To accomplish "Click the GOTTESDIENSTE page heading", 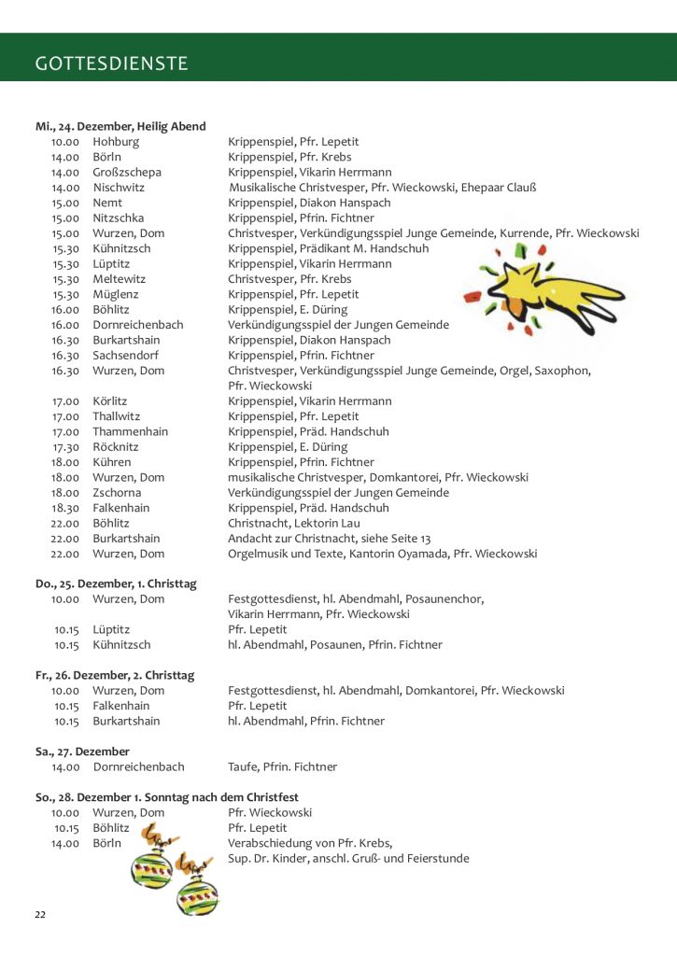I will tap(111, 63).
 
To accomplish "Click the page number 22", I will tap(40, 914).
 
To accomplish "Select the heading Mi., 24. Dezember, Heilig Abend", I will tap(120, 126).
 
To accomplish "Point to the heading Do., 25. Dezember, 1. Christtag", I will tap(116, 583).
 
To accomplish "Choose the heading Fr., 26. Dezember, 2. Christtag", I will tap(115, 675).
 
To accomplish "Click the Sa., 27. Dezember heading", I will tap(82, 752).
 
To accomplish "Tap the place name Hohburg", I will tap(116, 142).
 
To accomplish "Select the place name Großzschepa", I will tap(126, 173).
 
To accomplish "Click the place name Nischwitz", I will tap(119, 188).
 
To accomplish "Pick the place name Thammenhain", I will tap(130, 432).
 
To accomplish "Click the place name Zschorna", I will tap(117, 493).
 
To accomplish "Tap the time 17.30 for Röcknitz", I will tap(66, 447).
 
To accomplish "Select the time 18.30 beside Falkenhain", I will tap(66, 508).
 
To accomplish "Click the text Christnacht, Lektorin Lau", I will tap(293, 524).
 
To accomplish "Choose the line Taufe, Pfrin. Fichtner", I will tap(282, 767).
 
